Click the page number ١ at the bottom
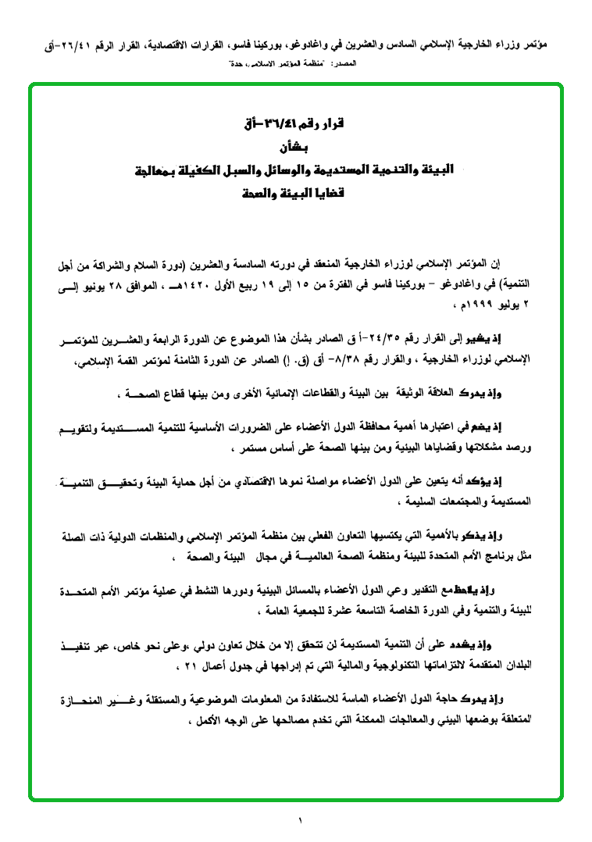coord(299,820)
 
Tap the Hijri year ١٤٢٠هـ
coord(209,281)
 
